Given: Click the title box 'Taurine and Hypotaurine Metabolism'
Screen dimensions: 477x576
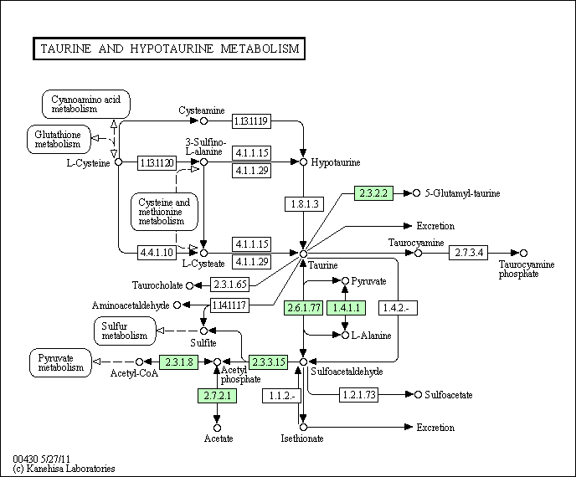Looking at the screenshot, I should [x=169, y=49].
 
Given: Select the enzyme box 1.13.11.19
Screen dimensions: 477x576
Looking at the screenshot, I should [x=250, y=121].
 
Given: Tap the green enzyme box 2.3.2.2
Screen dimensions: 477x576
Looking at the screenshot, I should [x=373, y=192].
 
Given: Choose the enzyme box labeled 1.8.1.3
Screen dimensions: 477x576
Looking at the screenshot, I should [x=303, y=203].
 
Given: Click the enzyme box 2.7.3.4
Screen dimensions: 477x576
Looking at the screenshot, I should [x=468, y=253].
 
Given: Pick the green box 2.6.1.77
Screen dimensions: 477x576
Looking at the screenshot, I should [x=303, y=308].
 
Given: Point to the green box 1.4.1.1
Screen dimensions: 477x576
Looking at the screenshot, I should [x=346, y=308].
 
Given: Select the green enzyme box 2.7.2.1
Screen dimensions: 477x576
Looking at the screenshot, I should [x=217, y=395].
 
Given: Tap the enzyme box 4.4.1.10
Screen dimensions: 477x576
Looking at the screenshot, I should [x=157, y=251].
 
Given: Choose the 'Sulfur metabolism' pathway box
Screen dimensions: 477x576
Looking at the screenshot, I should [x=125, y=331].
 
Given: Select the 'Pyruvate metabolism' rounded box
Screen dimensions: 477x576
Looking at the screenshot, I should [x=61, y=362].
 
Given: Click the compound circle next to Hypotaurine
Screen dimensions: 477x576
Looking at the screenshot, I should [x=304, y=162].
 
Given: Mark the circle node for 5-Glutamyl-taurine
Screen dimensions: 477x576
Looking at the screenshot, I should [x=416, y=192].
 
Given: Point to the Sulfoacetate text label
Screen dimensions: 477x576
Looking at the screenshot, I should [x=449, y=394].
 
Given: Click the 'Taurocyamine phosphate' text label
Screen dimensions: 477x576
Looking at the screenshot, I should [x=527, y=269].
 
